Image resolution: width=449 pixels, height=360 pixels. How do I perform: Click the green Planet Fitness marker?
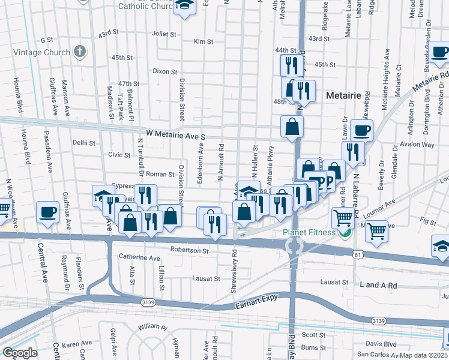coord(344,233)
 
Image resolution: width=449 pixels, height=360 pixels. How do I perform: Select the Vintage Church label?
coord(44,52)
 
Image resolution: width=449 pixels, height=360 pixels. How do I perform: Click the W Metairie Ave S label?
coord(176,137)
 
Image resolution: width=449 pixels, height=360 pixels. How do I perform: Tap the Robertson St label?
coord(189,250)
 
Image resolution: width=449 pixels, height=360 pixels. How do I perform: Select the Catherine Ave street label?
coord(139,258)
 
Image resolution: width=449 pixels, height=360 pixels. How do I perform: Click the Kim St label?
coord(204,41)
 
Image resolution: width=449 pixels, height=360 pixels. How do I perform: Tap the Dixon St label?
coord(164,71)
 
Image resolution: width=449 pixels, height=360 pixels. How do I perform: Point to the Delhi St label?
coord(84,143)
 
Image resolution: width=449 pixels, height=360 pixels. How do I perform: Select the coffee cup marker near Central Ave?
coord(47,212)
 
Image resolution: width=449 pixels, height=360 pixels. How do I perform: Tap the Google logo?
coord(20,353)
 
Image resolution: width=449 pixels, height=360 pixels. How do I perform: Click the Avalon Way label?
coord(419,145)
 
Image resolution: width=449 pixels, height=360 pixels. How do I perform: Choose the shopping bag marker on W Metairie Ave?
coord(292,127)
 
